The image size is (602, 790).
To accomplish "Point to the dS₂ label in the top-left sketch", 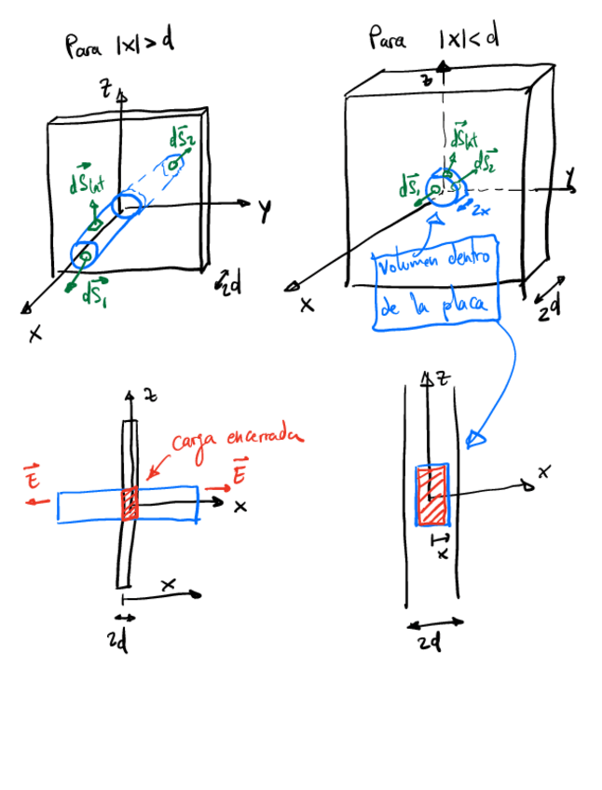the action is (x=183, y=139).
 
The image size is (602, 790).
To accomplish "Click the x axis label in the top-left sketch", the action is (x=35, y=334).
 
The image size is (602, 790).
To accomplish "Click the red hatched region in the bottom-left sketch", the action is (x=130, y=503).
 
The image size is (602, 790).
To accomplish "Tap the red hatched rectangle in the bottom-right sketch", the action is (x=431, y=497).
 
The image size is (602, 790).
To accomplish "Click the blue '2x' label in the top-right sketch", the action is (x=481, y=211).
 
